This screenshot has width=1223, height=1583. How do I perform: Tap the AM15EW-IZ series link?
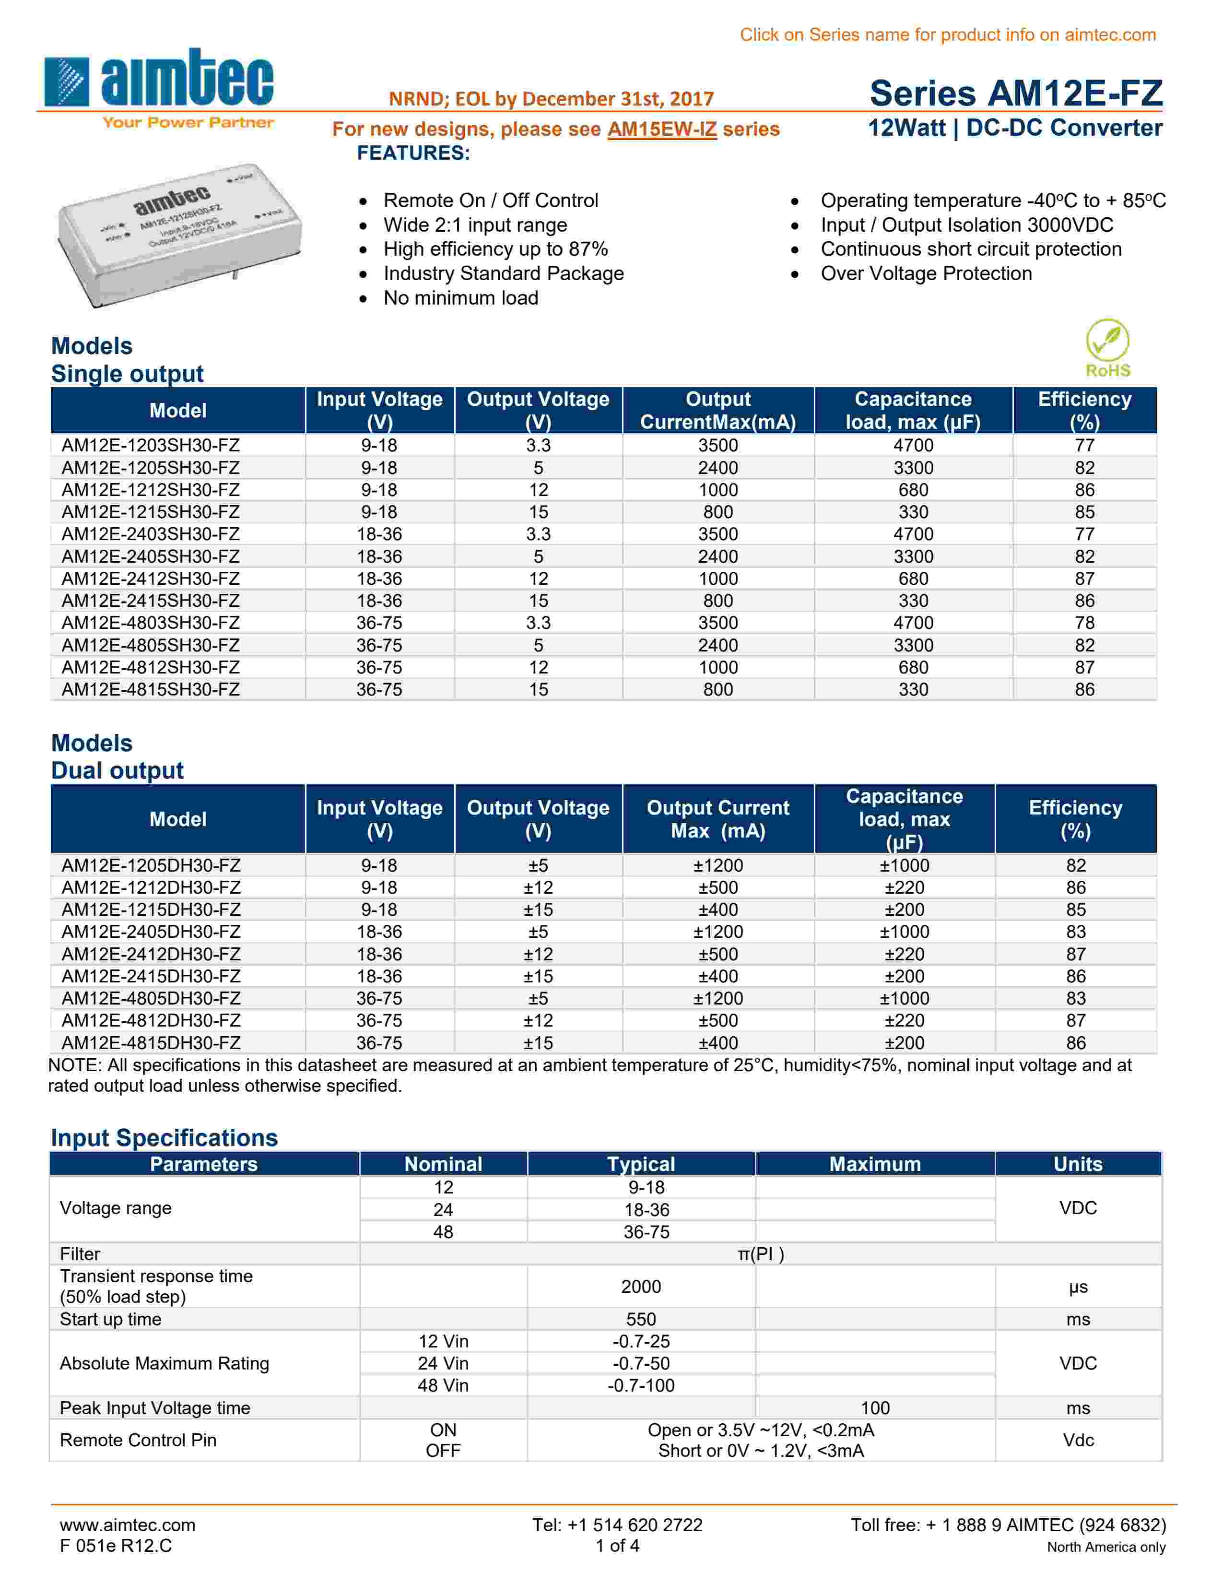[x=661, y=129]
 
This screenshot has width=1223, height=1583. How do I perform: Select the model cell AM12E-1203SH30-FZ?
[x=151, y=445]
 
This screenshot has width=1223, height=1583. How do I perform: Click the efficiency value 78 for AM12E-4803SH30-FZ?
[x=1084, y=623]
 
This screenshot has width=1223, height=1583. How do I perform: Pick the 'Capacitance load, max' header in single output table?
[x=912, y=410]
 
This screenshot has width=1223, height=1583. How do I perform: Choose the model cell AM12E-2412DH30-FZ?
[x=151, y=954]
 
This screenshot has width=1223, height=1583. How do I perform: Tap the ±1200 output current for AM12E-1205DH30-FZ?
[x=717, y=865]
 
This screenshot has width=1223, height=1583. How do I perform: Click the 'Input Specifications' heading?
[x=165, y=1138]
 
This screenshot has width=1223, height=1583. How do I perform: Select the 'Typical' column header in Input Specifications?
[x=640, y=1164]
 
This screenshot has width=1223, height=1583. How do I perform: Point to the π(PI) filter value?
[x=760, y=1254]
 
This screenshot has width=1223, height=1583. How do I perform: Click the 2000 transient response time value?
[x=640, y=1287]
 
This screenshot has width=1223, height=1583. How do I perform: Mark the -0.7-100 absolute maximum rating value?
[x=640, y=1385]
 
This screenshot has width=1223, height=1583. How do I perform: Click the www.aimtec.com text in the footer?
[x=128, y=1525]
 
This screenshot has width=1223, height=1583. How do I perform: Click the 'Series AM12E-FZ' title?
[x=1016, y=93]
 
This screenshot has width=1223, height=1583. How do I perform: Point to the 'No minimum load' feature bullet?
[x=461, y=298]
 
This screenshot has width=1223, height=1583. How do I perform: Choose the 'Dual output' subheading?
[x=118, y=770]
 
